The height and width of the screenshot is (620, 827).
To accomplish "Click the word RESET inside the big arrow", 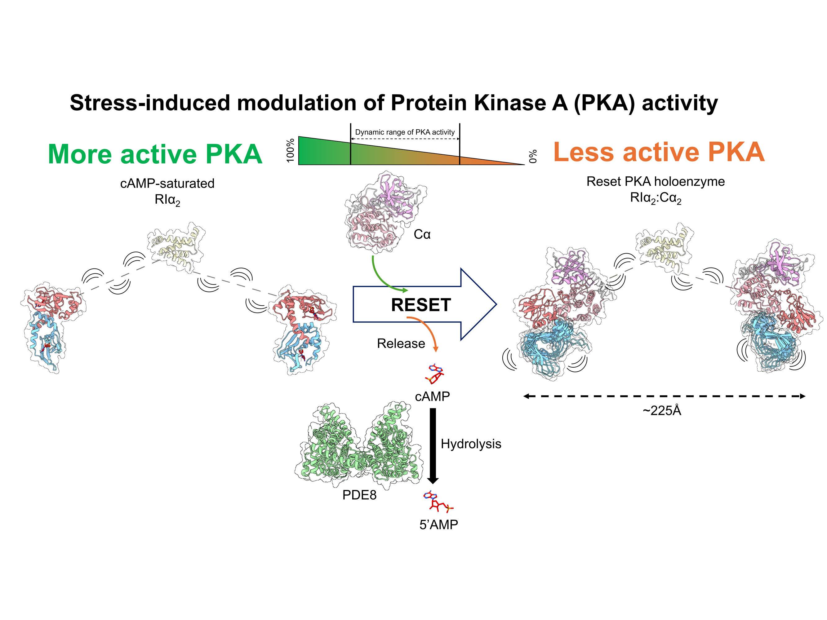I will coord(420,305).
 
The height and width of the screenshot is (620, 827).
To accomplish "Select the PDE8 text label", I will coord(359,495).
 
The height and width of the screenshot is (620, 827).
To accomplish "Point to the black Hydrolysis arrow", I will coord(433,445).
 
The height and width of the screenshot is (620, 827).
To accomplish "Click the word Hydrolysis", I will coord(471,444).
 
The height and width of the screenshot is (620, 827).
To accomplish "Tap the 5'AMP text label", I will coord(438,525).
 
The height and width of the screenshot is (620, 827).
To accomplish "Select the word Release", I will coord(401,343).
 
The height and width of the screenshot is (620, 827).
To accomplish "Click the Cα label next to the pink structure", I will coord(422,234).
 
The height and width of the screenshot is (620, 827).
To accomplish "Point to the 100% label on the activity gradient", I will coord(291,150).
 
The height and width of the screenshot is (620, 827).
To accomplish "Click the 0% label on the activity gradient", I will coord(533,156).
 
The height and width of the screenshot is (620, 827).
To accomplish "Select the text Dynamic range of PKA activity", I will coord(405,132).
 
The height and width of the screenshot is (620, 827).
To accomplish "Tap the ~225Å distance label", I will coord(662,411).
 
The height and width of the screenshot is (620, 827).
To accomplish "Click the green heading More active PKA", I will coord(155,154).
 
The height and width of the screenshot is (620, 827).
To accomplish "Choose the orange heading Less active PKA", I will coord(659,152).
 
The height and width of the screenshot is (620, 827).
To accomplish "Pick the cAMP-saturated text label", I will coord(167,184).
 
